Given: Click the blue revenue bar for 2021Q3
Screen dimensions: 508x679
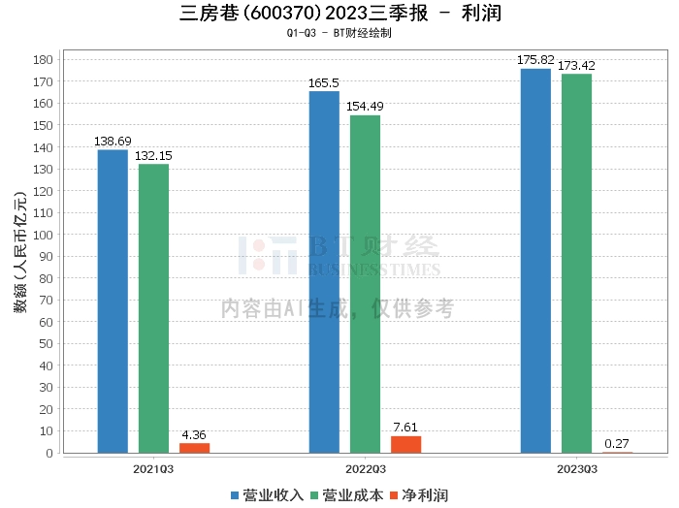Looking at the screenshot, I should point(113,301).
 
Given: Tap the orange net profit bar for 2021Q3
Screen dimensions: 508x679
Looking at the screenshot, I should point(194,447).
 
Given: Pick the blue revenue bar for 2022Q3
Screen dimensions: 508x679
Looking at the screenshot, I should point(324,271).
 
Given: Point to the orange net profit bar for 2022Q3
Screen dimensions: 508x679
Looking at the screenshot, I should point(405,444).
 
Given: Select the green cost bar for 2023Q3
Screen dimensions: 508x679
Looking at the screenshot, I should point(576,263).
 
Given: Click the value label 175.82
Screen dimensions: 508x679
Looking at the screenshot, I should point(535,60).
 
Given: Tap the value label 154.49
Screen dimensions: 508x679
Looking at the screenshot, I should point(365,107).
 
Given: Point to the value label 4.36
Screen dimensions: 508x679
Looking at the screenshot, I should point(194,435).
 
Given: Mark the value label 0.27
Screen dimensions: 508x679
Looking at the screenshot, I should point(617,444).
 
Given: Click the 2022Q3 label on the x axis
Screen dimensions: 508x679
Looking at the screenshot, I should point(365,468).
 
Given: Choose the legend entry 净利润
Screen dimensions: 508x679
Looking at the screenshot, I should point(420,495).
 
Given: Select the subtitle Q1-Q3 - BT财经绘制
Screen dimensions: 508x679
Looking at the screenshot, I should point(339,33).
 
